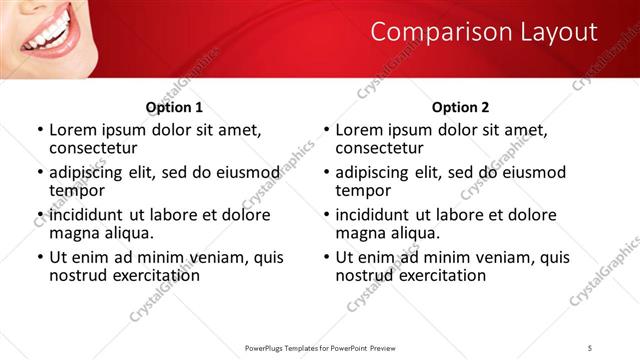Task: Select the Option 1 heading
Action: coord(174,107)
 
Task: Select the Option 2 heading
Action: coord(461,107)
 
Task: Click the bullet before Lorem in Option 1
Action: coord(39,130)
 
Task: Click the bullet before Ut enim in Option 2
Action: coord(326,257)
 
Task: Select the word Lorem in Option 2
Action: coord(359,130)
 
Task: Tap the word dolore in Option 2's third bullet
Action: coord(531,215)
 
